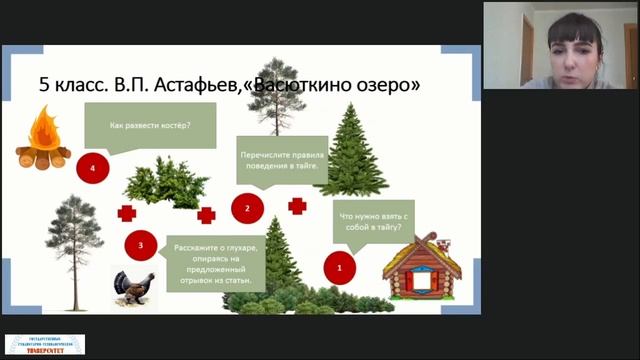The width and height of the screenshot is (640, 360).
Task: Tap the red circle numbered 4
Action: pyautogui.click(x=92, y=168)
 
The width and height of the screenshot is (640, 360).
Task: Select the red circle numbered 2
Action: pyautogui.click(x=246, y=208)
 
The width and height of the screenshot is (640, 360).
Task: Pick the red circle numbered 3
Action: pyautogui.click(x=141, y=244)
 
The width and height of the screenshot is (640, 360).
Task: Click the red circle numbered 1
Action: pyautogui.click(x=340, y=268)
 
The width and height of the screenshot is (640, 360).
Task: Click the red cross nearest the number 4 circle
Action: pyautogui.click(x=127, y=212)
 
